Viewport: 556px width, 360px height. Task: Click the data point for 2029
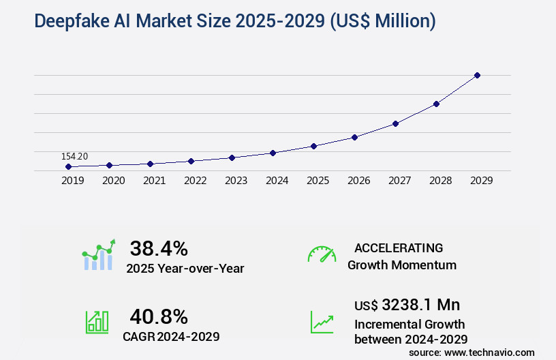point(477,75)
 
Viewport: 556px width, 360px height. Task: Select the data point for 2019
point(68,166)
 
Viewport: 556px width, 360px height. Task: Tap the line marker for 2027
point(395,123)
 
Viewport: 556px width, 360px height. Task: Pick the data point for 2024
point(273,153)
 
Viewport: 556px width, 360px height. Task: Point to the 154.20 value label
point(74,157)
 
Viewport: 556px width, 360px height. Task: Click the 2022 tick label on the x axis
point(195,181)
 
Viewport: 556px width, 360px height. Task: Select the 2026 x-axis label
point(358,181)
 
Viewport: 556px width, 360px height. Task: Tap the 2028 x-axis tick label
point(440,181)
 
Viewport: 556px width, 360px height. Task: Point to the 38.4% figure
point(159,248)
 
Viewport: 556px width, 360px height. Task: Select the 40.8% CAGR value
point(159,316)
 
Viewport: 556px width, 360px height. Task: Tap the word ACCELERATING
point(399,248)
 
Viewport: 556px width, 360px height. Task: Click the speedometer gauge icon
point(322,254)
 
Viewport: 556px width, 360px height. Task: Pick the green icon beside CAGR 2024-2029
point(97,322)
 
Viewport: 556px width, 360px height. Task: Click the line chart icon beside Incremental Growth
point(322,322)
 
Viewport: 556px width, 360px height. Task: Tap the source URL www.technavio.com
point(490,352)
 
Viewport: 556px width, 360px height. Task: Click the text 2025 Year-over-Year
point(185,269)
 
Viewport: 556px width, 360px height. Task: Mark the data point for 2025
point(313,146)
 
